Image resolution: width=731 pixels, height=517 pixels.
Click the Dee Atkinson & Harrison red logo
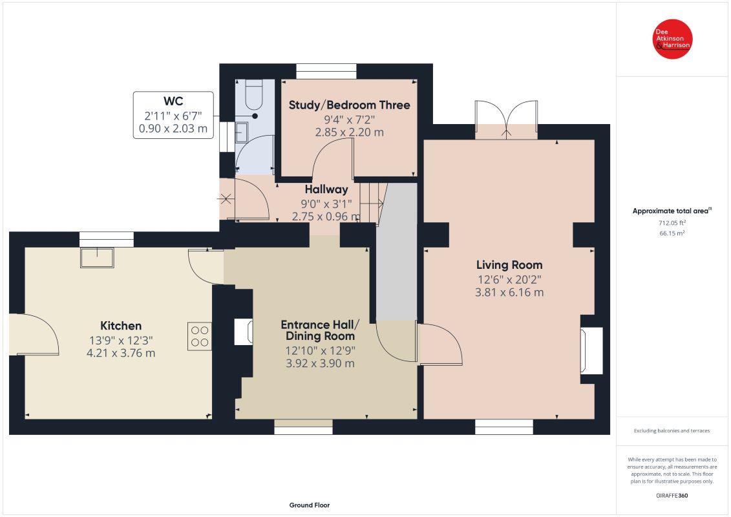[x=672, y=39]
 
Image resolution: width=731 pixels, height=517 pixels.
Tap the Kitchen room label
[x=121, y=326]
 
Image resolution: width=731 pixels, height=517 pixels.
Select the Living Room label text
[x=509, y=265]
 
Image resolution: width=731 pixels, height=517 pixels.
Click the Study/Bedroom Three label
[x=349, y=105]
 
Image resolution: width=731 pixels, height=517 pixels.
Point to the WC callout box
[x=173, y=114]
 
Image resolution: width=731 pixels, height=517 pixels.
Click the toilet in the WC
[x=254, y=94]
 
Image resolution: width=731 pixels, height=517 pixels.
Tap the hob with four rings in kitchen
[x=200, y=336]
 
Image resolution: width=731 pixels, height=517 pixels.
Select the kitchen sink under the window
[x=97, y=257]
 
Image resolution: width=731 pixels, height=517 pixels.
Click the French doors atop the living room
[x=506, y=120]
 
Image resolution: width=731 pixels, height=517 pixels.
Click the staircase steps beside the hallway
[x=373, y=203]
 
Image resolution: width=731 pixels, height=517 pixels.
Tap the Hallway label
[x=326, y=189]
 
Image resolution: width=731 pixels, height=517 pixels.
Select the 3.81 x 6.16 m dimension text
[x=509, y=292]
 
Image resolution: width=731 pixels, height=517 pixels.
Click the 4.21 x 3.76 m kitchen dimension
[x=121, y=353]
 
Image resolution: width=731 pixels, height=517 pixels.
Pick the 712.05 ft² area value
[x=672, y=223]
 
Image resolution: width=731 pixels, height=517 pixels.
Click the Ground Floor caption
[x=310, y=505]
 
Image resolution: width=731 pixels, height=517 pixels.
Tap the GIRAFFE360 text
[x=672, y=496]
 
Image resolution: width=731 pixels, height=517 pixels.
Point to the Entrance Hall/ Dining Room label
[x=321, y=330]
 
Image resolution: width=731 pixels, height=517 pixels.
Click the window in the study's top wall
[x=326, y=71]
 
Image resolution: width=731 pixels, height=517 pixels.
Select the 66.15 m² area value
[x=672, y=233]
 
